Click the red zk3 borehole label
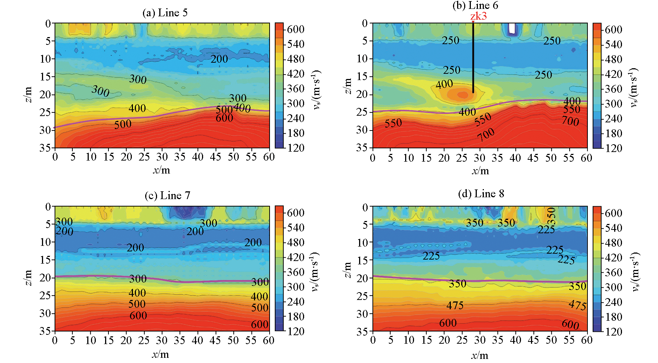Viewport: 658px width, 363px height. pos(478,16)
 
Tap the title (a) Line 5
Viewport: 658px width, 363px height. pos(165,13)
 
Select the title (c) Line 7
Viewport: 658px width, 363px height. pos(167,196)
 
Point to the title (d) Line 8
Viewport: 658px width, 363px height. pos(481,194)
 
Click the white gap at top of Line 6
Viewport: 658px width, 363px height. pos(512,28)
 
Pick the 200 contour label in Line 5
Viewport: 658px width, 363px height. pos(219,59)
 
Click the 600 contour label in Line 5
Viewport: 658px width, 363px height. pos(224,118)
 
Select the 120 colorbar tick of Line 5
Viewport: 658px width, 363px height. pos(296,148)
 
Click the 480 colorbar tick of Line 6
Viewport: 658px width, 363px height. pos(613,59)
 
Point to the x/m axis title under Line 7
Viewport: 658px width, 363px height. pos(160,354)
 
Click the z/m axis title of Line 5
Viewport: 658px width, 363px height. pos(28,95)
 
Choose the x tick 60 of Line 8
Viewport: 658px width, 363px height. pos(587,340)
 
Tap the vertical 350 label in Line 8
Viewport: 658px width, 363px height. pos(552,216)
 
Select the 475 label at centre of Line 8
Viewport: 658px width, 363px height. pos(455,306)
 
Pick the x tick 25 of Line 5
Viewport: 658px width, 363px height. pos(144,157)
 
